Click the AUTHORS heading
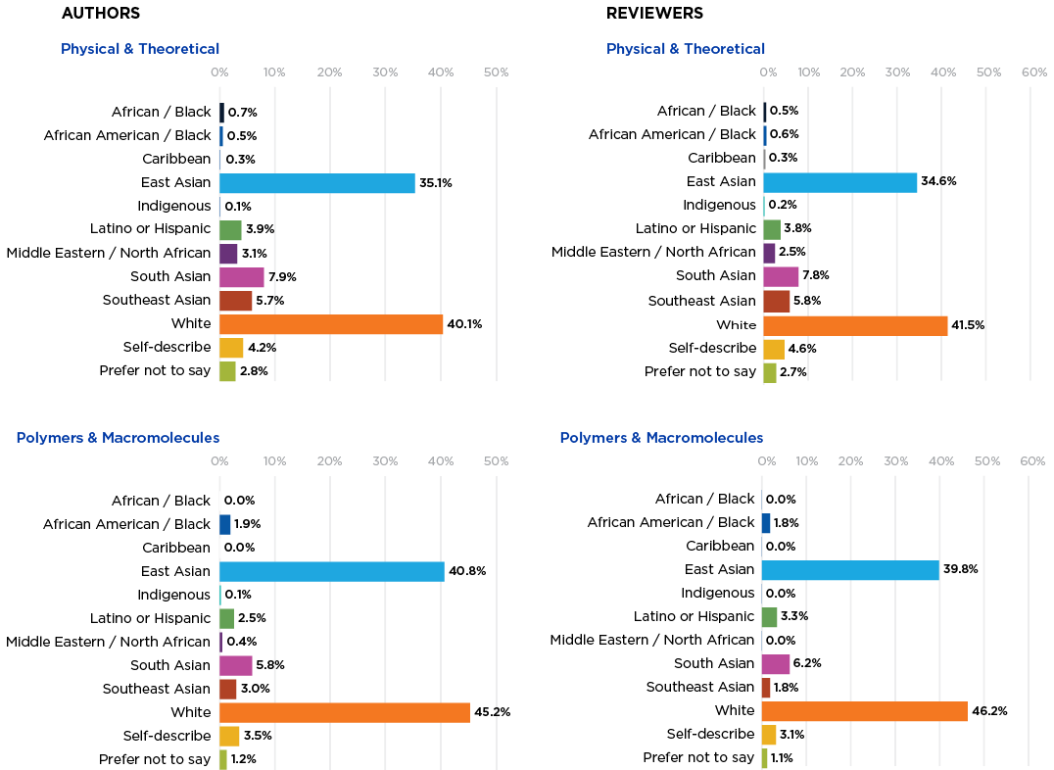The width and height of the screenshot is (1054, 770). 100,14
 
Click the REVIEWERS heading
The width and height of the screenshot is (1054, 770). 654,14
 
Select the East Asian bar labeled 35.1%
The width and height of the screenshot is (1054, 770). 317,183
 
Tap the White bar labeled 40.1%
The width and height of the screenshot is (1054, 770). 331,324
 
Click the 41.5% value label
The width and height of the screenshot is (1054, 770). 969,324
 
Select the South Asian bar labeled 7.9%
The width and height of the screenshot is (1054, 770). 242,277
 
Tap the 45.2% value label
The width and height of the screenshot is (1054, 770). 492,712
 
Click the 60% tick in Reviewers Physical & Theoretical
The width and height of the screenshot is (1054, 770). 1033,72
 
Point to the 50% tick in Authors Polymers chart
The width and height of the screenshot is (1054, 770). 496,461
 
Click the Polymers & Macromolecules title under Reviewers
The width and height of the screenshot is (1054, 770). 661,438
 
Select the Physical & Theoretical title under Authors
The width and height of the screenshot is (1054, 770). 140,49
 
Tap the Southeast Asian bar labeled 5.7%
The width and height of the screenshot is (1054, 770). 236,301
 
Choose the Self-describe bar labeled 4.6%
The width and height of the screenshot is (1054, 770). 774,349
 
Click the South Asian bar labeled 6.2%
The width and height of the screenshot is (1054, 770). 776,664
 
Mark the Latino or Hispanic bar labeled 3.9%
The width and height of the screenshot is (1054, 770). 231,230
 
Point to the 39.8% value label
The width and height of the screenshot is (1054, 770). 961,570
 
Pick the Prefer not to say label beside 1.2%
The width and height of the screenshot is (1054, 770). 155,759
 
